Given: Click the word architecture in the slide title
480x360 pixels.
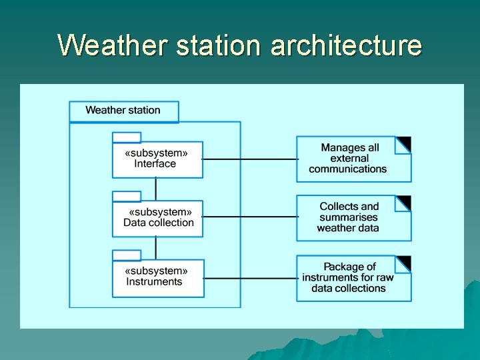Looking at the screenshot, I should [x=346, y=45].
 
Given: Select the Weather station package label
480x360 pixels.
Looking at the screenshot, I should [x=124, y=111].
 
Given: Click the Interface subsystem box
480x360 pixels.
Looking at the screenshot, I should [x=157, y=159].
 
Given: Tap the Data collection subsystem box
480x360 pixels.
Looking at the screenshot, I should [x=157, y=218].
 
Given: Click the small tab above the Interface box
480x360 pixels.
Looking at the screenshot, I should [x=127, y=137].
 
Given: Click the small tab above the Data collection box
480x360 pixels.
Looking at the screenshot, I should [x=127, y=196].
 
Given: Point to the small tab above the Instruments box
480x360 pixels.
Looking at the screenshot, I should [x=127, y=255].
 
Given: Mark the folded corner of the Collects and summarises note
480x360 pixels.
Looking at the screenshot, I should [x=404, y=203].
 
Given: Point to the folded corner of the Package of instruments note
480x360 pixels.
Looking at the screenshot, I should [x=404, y=263].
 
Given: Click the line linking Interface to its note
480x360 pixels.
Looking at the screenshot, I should [x=250, y=159].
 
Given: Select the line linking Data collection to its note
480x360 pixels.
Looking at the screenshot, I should [x=250, y=217].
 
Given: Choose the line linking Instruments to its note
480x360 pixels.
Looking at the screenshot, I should [x=250, y=278].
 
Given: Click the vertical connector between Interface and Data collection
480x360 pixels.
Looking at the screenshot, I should [x=156, y=189].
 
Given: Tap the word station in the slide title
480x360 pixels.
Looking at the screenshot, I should [x=224, y=45].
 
